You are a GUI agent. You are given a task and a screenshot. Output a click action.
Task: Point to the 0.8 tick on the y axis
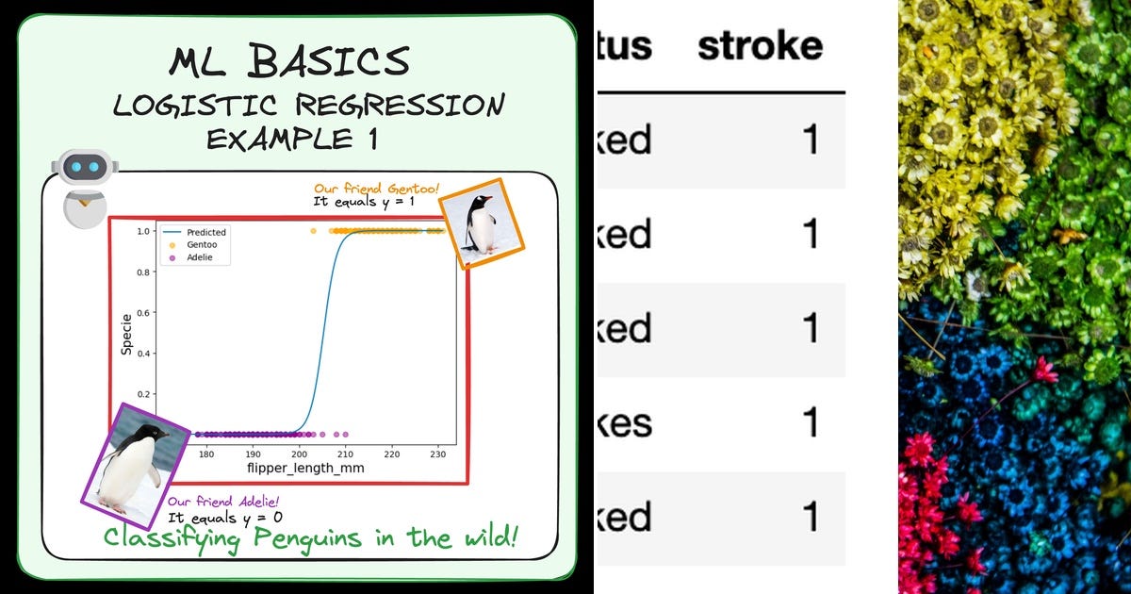click(144, 272)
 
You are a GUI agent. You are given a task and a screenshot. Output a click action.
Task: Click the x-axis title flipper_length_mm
click(305, 469)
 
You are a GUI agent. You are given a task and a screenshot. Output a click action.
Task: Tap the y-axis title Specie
click(126, 334)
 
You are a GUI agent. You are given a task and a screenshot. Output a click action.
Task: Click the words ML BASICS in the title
click(289, 62)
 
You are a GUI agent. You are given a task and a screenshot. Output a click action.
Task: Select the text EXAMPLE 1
click(292, 139)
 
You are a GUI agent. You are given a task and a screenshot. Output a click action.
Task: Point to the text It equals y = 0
click(224, 517)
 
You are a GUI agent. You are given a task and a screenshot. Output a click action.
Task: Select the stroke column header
click(760, 46)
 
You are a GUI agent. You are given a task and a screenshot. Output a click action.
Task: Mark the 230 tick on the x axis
click(437, 454)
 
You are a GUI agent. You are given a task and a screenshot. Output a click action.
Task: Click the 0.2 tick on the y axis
click(144, 394)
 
